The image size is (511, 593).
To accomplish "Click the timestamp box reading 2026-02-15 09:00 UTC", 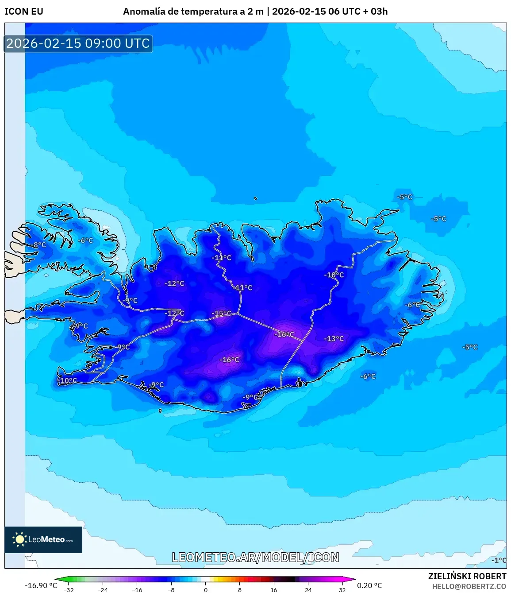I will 78,43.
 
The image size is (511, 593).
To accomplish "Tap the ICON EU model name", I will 24,12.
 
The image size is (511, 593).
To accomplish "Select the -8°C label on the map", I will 39,245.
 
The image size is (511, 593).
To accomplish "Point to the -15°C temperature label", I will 221,314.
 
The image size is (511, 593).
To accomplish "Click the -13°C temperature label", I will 334,339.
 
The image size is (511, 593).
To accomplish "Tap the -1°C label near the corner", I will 499,560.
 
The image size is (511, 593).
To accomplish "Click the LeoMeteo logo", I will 43,539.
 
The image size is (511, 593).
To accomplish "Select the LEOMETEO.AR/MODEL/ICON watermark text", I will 255,557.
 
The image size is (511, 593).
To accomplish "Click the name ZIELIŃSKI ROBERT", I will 467,576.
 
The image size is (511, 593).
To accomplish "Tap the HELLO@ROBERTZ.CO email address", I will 469,586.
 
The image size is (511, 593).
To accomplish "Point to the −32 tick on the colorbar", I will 69,589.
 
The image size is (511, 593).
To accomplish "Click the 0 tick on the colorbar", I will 205,589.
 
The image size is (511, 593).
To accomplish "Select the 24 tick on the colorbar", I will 308,589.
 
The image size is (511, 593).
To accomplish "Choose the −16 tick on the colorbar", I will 137,589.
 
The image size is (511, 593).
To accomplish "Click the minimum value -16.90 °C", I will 41,585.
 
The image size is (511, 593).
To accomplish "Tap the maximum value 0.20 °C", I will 369,585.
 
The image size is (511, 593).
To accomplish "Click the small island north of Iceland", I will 256,198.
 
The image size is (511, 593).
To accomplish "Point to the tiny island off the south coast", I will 160,411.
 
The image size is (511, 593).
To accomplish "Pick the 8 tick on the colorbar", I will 240,589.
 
